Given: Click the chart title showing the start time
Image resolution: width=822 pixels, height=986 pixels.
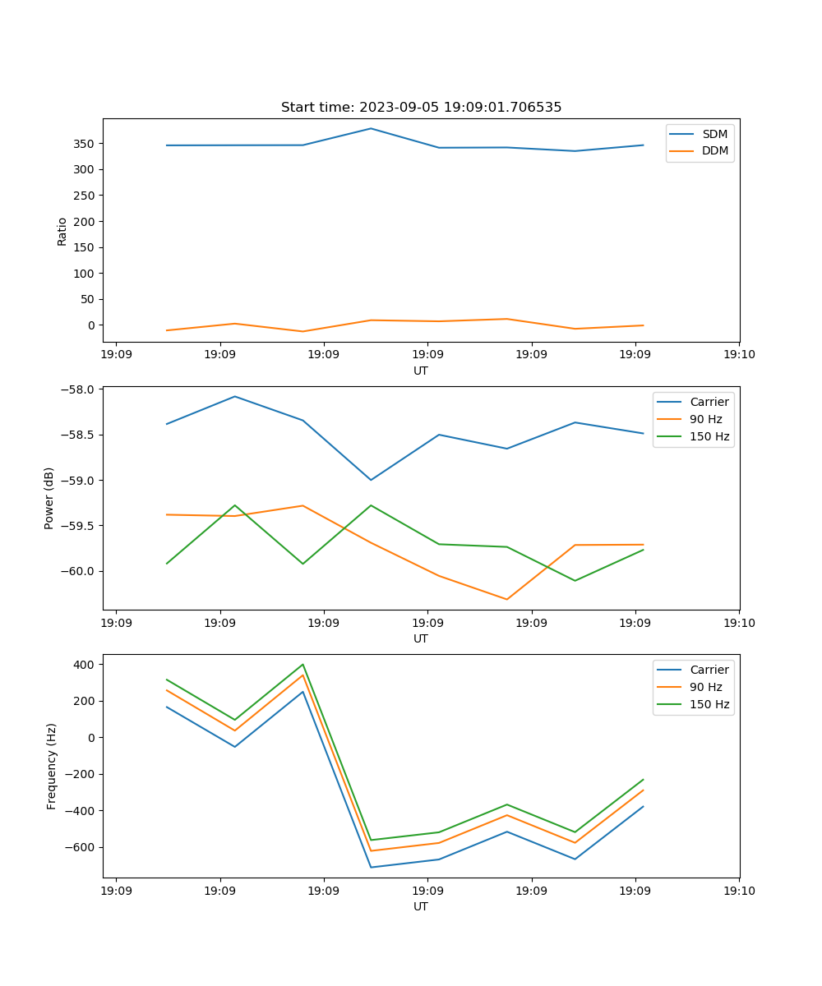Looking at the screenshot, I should point(421,108).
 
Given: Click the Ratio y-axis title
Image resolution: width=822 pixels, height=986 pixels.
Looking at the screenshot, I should point(62,231).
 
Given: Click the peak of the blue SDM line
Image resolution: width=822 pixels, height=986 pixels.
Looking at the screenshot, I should point(371,128).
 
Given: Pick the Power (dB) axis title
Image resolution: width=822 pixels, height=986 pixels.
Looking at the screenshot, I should point(49,498).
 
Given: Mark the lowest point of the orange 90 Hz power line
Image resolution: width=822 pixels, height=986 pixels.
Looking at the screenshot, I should point(506,599).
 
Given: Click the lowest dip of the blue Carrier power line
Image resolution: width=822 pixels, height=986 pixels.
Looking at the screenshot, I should point(371,480).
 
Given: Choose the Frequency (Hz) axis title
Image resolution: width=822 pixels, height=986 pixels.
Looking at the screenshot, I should point(52,766).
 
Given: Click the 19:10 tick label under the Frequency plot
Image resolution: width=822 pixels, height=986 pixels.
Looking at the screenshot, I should point(739,891).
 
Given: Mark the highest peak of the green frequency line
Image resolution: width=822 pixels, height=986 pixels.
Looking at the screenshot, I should point(302,664).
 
